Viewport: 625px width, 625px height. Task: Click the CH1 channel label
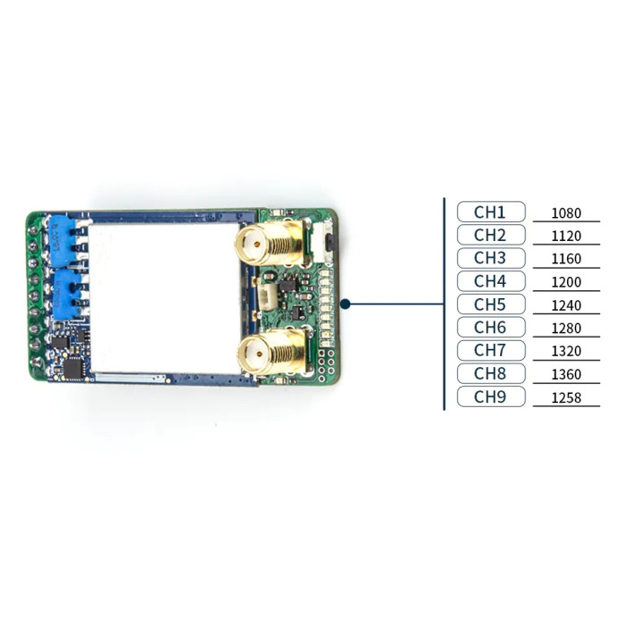click(x=491, y=212)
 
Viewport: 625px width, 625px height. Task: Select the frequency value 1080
click(x=566, y=213)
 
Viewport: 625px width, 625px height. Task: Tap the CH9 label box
click(x=491, y=396)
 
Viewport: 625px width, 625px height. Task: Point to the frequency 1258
click(x=566, y=398)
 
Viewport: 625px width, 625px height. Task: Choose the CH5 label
click(x=491, y=304)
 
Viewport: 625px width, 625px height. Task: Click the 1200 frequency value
click(x=566, y=282)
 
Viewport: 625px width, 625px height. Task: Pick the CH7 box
click(x=491, y=350)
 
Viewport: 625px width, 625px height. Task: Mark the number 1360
click(x=566, y=374)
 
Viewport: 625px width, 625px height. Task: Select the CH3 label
click(x=491, y=258)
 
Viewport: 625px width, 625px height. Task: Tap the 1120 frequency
click(x=566, y=236)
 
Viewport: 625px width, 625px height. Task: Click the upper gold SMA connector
click(x=271, y=243)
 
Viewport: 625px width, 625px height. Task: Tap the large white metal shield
click(x=164, y=298)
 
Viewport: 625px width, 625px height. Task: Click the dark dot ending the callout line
click(x=346, y=304)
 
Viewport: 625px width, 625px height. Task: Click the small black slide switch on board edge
click(x=331, y=243)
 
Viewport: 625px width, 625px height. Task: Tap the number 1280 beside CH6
click(x=566, y=328)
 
